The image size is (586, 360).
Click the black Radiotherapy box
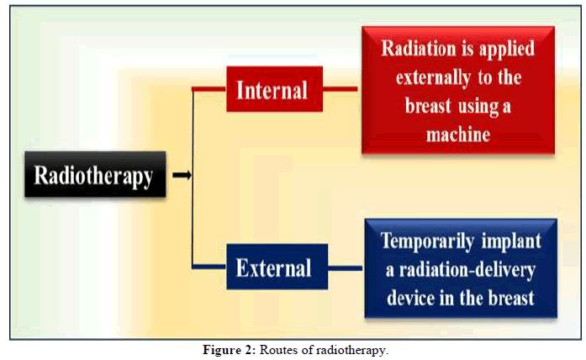[95, 174]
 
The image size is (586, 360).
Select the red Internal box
[274, 89]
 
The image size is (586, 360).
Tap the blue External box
[277, 267]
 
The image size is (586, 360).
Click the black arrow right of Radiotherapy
[182, 175]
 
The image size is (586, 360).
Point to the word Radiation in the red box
[419, 49]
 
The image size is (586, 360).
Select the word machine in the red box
[458, 135]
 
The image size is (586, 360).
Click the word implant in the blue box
[511, 241]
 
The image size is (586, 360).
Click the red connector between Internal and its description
[341, 89]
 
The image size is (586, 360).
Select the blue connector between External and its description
[345, 268]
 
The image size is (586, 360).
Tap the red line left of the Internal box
[209, 89]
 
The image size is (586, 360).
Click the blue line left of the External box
[209, 267]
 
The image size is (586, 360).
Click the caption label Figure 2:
[230, 350]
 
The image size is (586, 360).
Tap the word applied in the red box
[507, 50]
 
